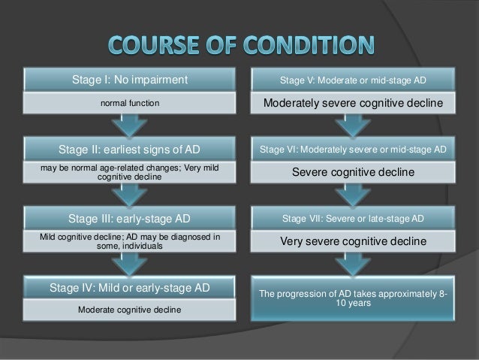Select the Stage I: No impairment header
[130, 79]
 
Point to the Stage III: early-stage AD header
[130, 219]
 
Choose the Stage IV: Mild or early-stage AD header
[130, 287]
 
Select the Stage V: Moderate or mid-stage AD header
[352, 79]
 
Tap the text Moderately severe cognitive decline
[352, 103]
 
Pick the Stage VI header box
[352, 150]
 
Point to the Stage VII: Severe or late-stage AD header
[352, 219]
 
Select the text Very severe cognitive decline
[352, 243]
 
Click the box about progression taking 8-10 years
[352, 298]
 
